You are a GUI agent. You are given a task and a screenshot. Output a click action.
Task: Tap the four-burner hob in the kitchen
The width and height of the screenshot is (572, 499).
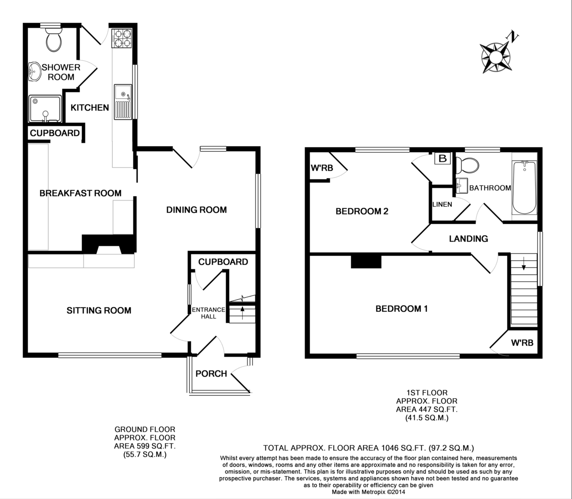pos(122,38)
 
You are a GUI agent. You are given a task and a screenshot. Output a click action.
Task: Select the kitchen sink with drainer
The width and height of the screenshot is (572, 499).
pos(123,102)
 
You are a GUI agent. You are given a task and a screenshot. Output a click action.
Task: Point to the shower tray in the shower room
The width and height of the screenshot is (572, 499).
pos(45,109)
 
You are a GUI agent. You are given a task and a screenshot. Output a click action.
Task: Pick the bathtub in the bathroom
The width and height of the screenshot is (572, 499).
pos(524,187)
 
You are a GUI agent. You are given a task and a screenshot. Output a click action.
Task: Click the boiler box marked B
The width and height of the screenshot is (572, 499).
pos(442,159)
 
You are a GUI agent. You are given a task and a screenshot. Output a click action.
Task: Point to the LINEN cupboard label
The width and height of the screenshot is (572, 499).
pos(442,204)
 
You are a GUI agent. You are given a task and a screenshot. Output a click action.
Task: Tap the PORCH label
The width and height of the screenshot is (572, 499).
pos(211,373)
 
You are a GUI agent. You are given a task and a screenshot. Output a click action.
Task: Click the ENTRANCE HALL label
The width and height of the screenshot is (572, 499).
pos(208,313)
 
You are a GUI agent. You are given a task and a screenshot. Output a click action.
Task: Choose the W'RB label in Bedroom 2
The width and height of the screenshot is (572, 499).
pos(322,168)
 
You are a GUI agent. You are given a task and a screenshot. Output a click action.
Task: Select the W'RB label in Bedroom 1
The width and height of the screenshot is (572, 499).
pos(522,342)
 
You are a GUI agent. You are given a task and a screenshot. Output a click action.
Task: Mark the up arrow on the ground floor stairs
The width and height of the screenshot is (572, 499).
pos(243,313)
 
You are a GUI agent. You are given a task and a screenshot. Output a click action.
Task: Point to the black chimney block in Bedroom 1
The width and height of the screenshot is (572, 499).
pos(366,262)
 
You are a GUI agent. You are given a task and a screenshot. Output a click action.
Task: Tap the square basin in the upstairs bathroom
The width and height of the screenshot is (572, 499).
pos(461,185)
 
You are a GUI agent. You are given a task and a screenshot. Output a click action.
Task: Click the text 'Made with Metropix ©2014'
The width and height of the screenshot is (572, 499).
pos(368,492)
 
